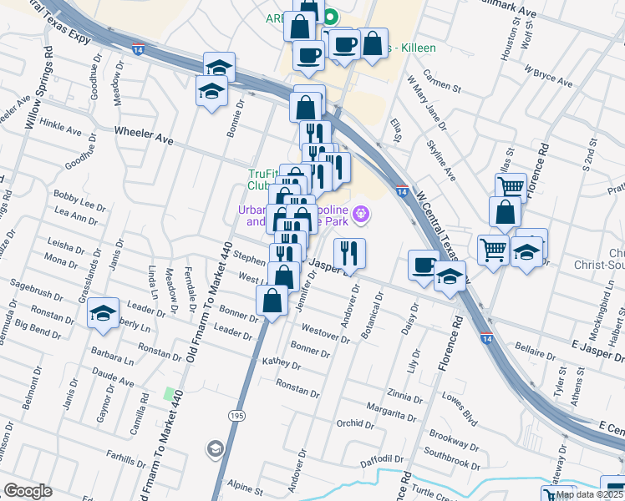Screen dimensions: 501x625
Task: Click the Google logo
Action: [28, 491]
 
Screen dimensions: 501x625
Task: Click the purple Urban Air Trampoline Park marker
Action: [361, 214]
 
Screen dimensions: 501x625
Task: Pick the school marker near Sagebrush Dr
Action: [103, 313]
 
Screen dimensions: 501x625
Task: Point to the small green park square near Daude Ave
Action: [170, 393]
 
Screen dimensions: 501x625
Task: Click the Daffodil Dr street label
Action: [382, 458]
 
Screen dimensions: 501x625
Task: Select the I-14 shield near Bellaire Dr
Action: [486, 337]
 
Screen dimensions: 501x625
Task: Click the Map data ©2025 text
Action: [588, 494]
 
